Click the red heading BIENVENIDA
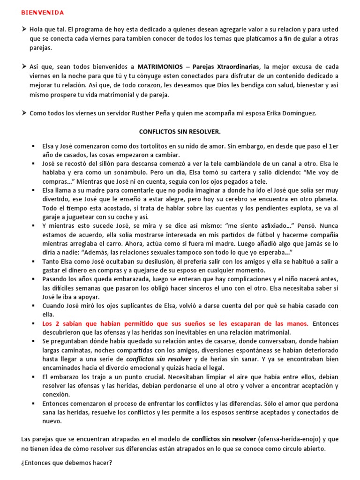point(43,12)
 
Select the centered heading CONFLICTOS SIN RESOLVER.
point(180,132)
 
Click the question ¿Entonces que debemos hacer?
point(67,462)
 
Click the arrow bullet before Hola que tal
point(24,29)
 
